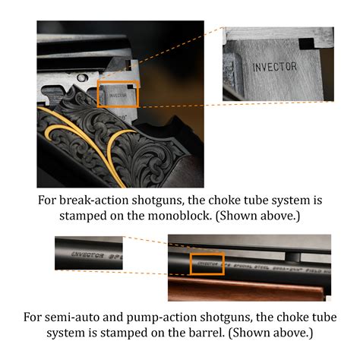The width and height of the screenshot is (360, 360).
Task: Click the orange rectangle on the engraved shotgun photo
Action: pos(117,95)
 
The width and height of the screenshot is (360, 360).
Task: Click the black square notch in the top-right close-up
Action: pos(307,43)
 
